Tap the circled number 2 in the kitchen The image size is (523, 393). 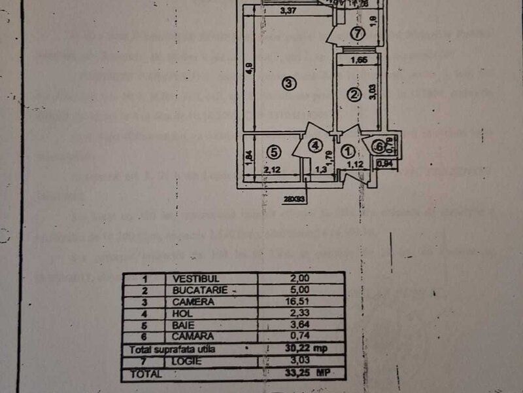click(354, 95)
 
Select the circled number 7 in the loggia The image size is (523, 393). click(356, 33)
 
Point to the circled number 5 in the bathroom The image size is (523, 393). click(274, 152)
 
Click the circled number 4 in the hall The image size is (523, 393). click(315, 144)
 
